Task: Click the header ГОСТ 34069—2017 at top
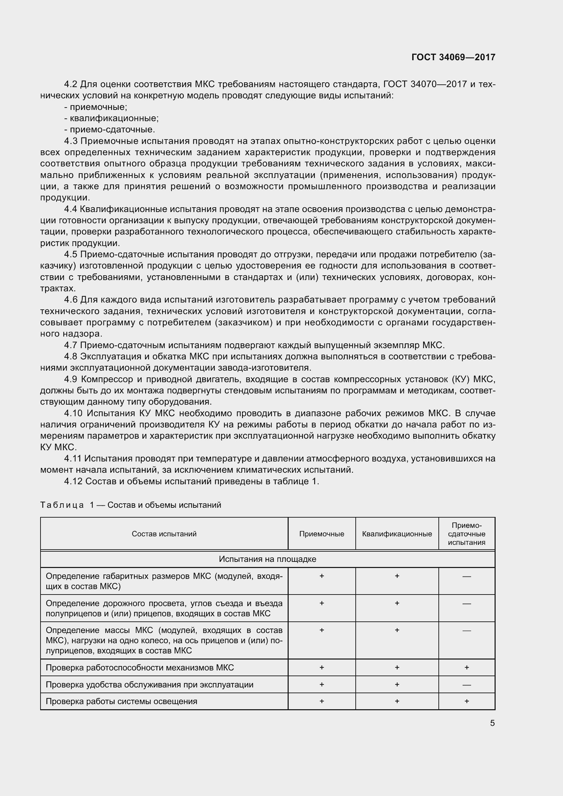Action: click(453, 57)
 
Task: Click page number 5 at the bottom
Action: click(492, 723)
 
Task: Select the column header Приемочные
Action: click(321, 534)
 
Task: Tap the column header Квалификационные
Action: click(397, 534)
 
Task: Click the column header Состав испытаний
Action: click(164, 534)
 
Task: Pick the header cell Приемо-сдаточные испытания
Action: click(466, 534)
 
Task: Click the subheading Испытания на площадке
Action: click(267, 559)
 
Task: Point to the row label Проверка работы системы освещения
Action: click(121, 701)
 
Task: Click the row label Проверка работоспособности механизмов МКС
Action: click(140, 667)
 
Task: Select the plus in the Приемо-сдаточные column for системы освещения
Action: click(467, 701)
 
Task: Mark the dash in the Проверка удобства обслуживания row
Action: click(467, 685)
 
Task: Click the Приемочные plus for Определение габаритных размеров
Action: click(321, 576)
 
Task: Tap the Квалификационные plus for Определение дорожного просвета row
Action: click(397, 603)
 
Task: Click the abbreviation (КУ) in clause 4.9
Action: click(460, 379)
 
